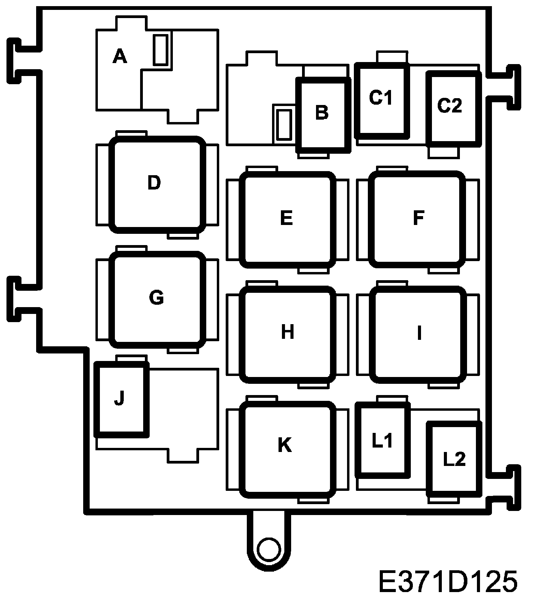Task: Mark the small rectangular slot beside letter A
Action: (160, 50)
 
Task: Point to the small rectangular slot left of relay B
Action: (284, 125)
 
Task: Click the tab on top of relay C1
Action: (392, 57)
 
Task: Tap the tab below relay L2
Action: (442, 500)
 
